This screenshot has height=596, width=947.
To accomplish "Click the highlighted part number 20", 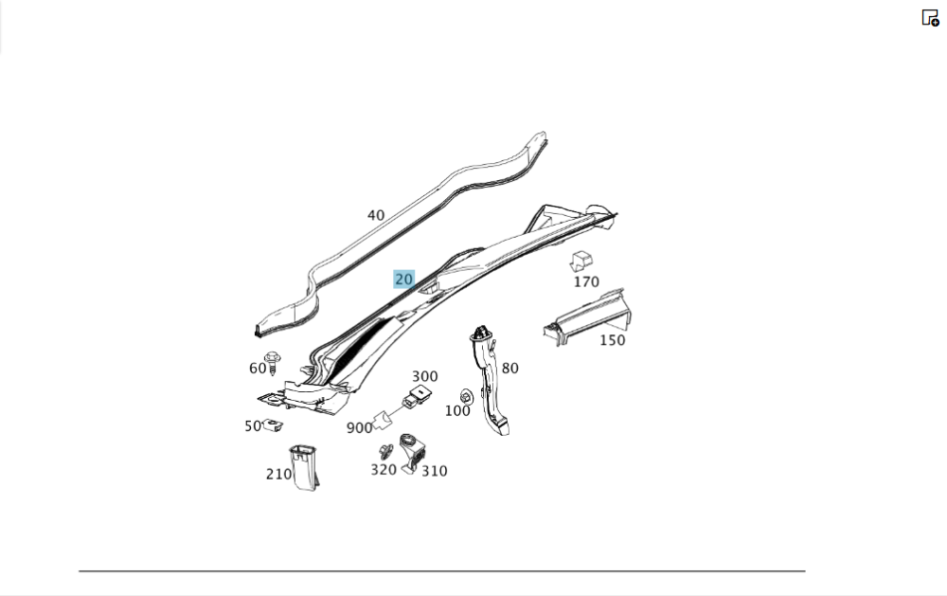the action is click(403, 280).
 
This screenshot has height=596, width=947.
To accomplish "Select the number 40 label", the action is click(376, 215).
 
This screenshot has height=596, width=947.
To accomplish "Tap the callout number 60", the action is click(258, 368).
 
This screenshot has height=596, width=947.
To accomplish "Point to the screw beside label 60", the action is click(273, 362).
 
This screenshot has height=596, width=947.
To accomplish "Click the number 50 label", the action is click(253, 426).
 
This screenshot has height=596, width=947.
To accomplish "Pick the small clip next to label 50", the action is click(273, 425).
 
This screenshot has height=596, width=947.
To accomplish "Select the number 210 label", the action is click(278, 475).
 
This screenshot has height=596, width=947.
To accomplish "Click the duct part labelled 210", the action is click(304, 467).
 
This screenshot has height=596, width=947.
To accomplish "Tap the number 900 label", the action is click(359, 428).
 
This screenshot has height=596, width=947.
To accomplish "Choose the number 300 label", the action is click(424, 376).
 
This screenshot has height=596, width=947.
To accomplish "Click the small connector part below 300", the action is click(417, 397).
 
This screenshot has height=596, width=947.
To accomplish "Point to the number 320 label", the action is click(384, 470).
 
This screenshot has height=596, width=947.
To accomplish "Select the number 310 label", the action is click(435, 471).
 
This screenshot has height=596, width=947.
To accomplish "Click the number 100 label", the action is click(457, 411).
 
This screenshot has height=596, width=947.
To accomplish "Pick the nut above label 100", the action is click(466, 396).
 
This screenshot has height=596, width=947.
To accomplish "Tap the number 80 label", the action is click(509, 368).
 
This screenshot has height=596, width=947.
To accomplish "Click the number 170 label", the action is click(586, 281).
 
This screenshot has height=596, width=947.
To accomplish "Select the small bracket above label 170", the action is click(581, 262).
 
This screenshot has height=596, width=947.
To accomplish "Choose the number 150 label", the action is click(613, 340).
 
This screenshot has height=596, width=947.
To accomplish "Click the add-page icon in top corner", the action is click(930, 18).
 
